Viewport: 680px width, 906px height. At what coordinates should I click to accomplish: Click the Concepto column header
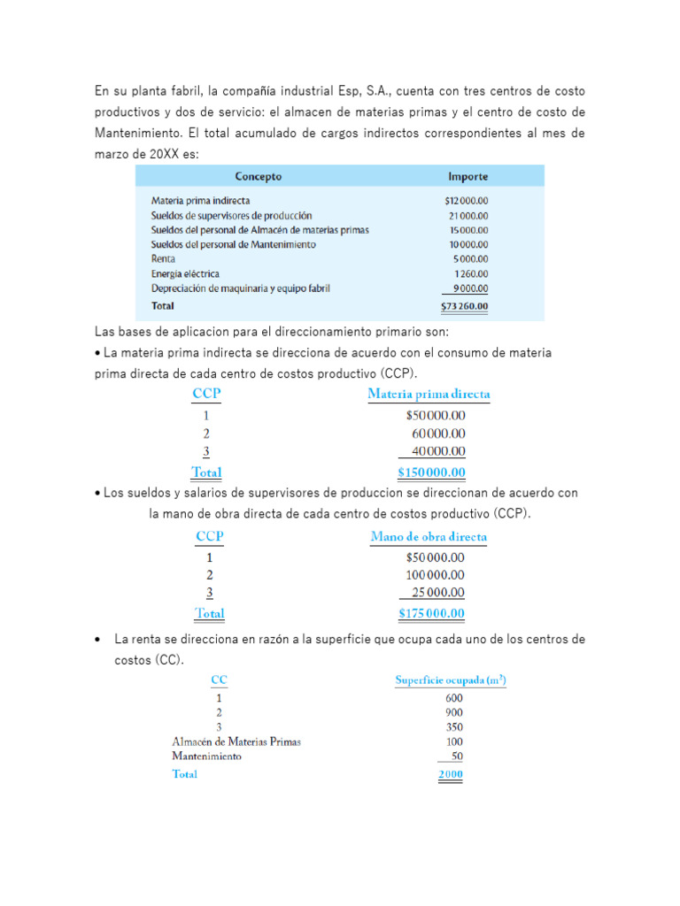tap(259, 176)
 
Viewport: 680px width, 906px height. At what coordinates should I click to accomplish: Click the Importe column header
tap(467, 176)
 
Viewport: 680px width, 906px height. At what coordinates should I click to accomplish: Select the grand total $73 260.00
tap(465, 307)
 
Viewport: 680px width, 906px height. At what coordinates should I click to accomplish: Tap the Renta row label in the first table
tap(163, 259)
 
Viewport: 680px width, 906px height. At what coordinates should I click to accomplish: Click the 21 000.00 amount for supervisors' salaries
tap(468, 215)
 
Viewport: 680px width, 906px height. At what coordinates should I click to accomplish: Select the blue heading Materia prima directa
tap(429, 394)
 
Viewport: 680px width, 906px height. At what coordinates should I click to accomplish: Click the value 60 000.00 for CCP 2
tap(437, 434)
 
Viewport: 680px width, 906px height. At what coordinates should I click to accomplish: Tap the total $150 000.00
tap(431, 472)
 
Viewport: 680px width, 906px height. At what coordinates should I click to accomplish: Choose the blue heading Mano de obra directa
tap(429, 536)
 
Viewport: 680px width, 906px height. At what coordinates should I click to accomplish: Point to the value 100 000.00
tap(435, 575)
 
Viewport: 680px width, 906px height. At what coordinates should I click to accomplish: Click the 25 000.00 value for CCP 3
tap(437, 593)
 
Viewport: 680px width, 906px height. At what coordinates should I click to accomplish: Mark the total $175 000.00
tap(431, 614)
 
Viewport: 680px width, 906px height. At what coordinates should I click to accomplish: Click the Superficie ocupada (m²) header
tap(451, 680)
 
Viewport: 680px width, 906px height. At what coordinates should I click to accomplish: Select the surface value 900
tap(453, 712)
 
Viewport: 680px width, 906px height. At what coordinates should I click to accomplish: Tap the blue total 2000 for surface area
tap(450, 775)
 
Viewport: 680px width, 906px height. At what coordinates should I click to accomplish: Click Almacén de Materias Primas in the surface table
tap(236, 741)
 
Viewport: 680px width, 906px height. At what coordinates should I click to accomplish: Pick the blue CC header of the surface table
tap(219, 680)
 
